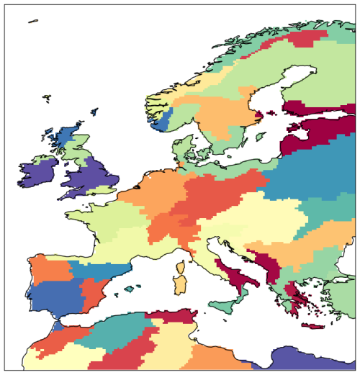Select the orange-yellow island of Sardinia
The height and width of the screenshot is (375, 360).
182,284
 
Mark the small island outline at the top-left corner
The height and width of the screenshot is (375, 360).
32,21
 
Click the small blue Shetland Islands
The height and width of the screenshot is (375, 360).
94,113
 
